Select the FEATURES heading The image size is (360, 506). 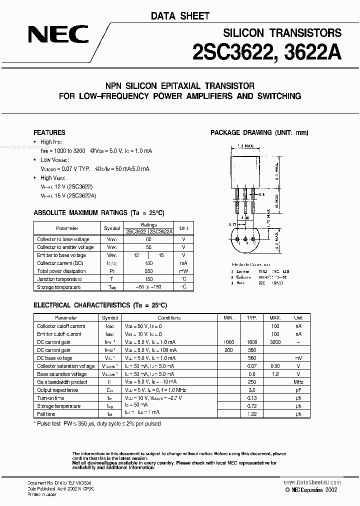[49, 132]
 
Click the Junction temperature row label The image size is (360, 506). [57, 279]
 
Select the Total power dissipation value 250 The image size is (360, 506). [148, 271]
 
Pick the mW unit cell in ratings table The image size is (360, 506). [183, 271]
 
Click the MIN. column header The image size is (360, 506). [228, 317]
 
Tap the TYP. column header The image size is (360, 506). [252, 317]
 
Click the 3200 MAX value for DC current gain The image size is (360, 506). [275, 342]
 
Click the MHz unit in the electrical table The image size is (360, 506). [298, 382]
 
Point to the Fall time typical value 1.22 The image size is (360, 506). [252, 414]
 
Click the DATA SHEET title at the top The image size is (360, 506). [180, 16]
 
